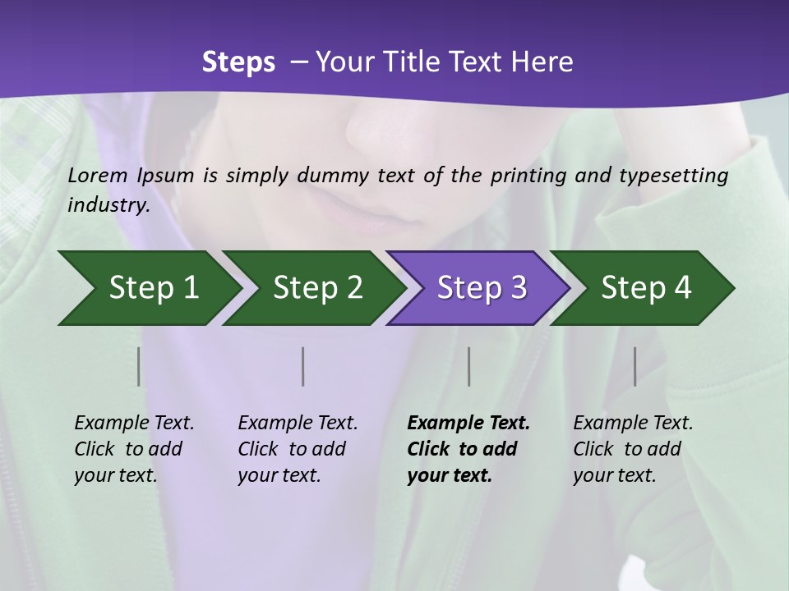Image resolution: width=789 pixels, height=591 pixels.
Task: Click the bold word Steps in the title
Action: click(x=238, y=62)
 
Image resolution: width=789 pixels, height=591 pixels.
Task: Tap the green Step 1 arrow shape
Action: click(x=148, y=287)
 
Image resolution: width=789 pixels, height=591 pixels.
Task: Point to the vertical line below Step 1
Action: click(x=139, y=366)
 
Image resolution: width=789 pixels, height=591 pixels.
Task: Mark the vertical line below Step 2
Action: click(x=303, y=366)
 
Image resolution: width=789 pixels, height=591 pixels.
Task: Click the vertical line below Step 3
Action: click(x=469, y=366)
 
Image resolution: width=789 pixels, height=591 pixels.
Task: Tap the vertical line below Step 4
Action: click(x=635, y=366)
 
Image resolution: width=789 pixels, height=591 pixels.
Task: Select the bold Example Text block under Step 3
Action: click(x=468, y=449)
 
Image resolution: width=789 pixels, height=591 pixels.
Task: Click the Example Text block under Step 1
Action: click(x=134, y=449)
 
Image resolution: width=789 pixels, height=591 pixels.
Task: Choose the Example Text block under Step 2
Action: click(x=298, y=449)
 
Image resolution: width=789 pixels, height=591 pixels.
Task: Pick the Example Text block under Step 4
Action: click(x=633, y=449)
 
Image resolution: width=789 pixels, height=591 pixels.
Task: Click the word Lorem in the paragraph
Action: click(x=98, y=175)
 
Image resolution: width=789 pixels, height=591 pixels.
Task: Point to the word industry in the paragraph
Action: click(x=108, y=204)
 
